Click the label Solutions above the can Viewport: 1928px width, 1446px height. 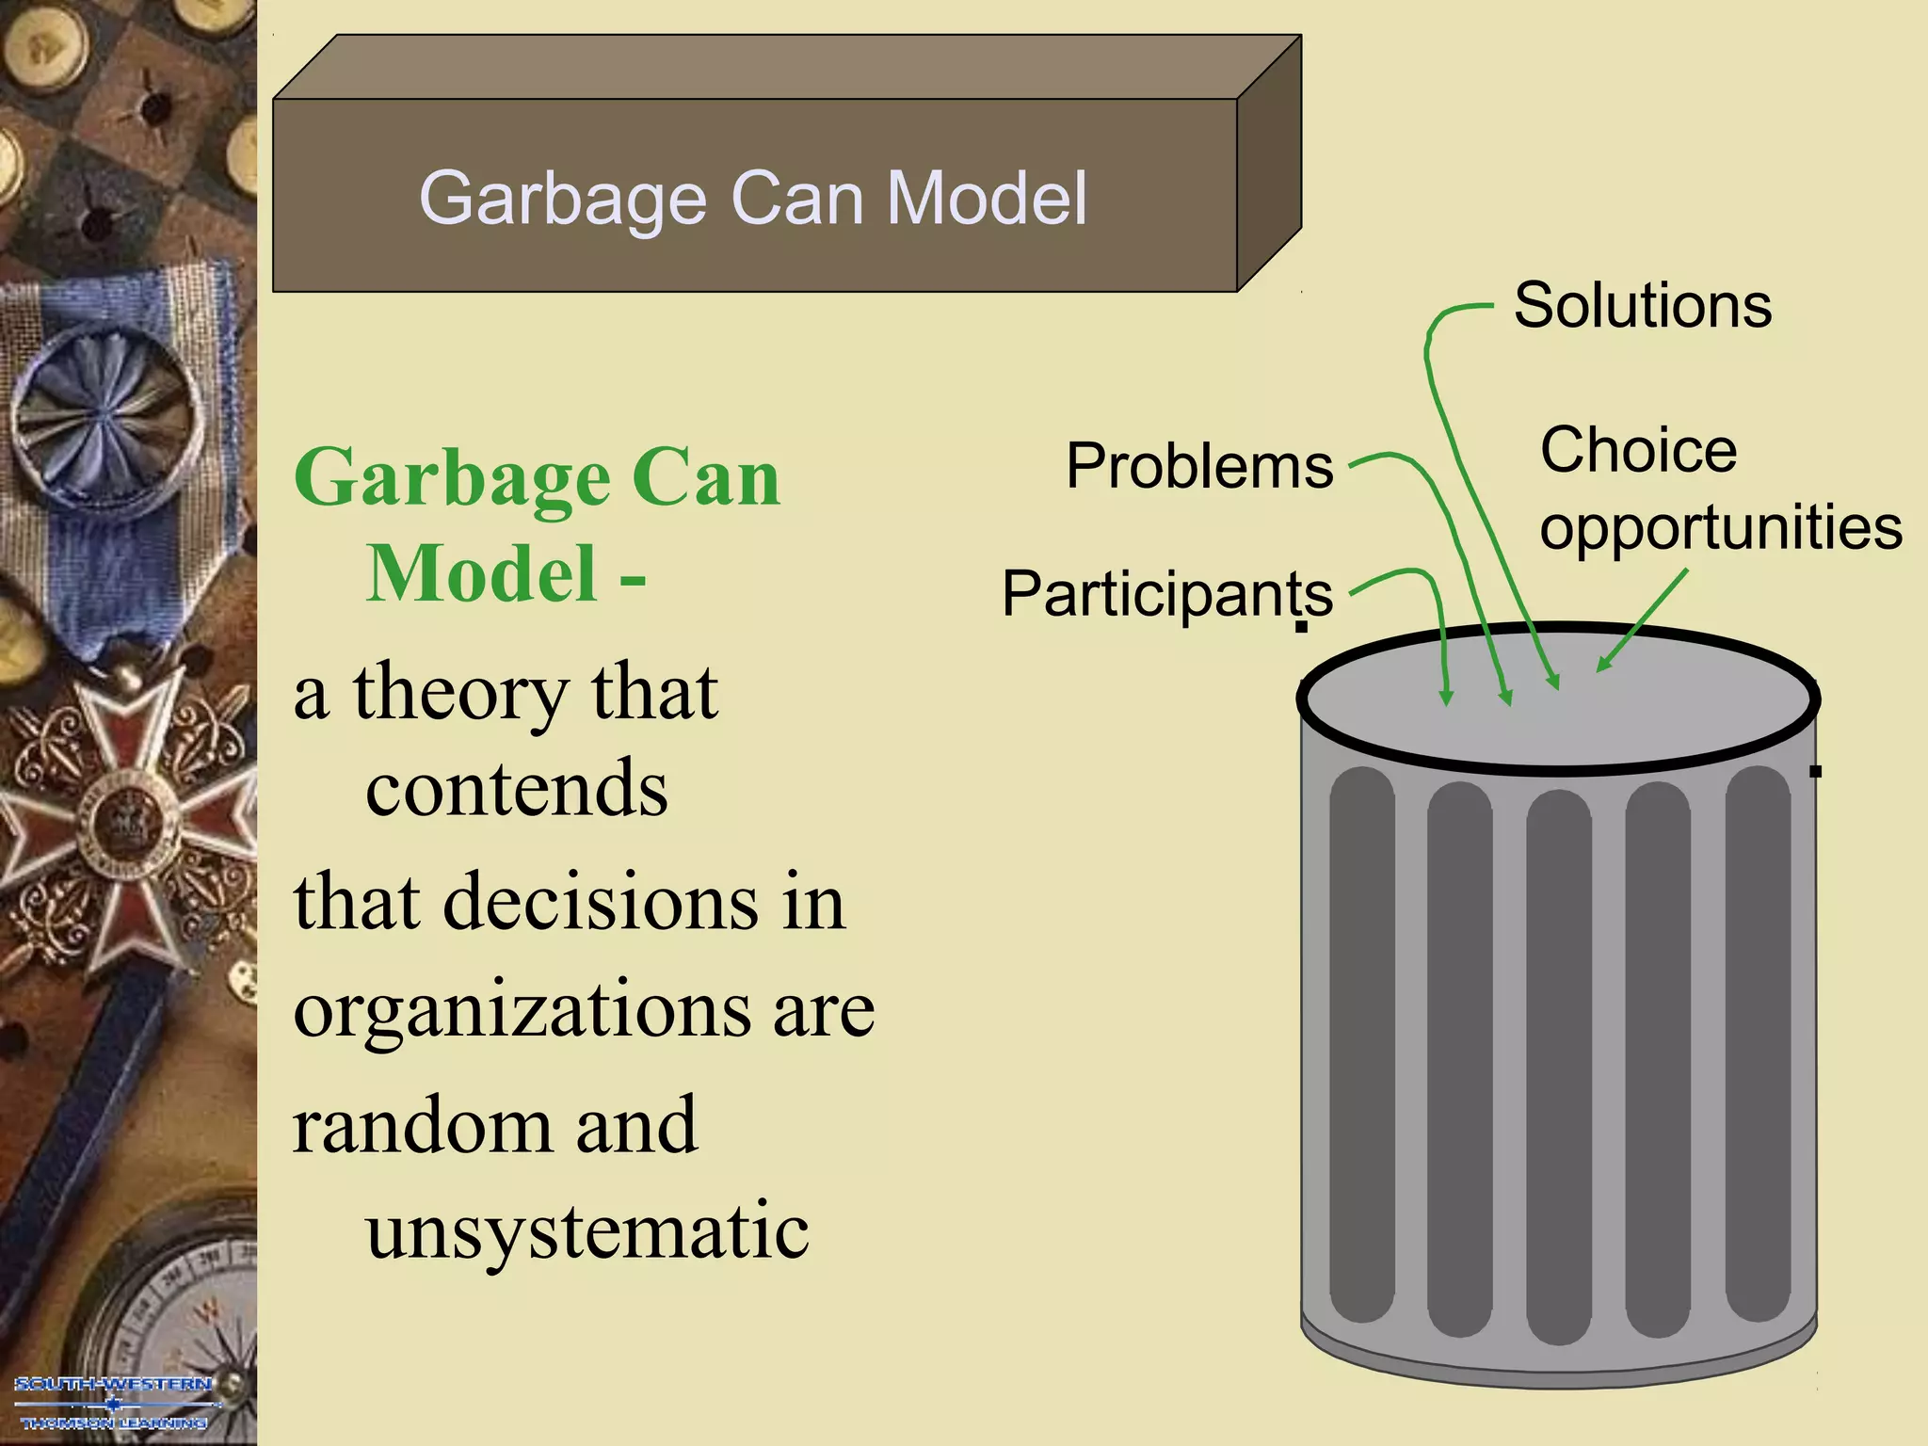[1642, 306]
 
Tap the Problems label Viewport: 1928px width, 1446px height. [1199, 466]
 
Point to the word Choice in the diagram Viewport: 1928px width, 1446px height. [1638, 450]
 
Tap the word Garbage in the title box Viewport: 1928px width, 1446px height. [562, 199]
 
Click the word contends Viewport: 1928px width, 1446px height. [516, 789]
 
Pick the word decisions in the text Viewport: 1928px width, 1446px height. [600, 902]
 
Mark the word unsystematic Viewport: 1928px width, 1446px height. [586, 1231]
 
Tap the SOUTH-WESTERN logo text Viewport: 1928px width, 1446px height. [113, 1384]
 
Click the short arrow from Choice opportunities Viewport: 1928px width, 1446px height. [1643, 621]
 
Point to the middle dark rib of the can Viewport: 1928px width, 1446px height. [1559, 1064]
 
